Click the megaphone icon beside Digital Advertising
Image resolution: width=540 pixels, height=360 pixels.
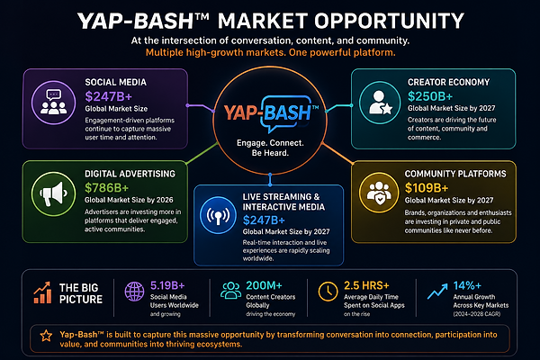click(x=53, y=194)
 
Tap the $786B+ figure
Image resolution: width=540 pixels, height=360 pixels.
click(x=106, y=188)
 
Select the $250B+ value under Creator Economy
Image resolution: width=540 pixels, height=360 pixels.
click(x=430, y=96)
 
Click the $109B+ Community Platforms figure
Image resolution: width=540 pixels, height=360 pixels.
click(x=427, y=188)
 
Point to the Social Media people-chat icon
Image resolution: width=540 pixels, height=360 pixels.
click(x=53, y=103)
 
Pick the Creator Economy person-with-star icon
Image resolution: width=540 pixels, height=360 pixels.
click(x=380, y=103)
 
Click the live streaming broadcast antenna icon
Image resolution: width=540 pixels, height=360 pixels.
click(x=218, y=215)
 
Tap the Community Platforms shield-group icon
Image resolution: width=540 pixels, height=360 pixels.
click(x=379, y=193)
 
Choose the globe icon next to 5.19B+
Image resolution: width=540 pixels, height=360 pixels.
click(x=134, y=292)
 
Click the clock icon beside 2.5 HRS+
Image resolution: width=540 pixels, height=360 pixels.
click(x=328, y=292)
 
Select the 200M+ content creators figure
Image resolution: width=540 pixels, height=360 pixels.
click(x=264, y=285)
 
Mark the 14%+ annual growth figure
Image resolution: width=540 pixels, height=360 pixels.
click(x=467, y=285)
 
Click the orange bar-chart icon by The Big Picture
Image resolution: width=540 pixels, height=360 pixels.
click(x=42, y=292)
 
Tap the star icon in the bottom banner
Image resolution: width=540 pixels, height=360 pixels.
click(x=46, y=336)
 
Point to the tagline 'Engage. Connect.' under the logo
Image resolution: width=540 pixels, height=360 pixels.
click(x=270, y=143)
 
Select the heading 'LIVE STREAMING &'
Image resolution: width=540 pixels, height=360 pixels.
click(x=281, y=197)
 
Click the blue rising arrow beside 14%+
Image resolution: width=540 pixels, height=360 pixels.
click(x=437, y=291)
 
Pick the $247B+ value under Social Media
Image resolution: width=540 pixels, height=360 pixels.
click(x=109, y=96)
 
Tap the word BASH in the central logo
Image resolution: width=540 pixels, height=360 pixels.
click(x=288, y=112)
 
